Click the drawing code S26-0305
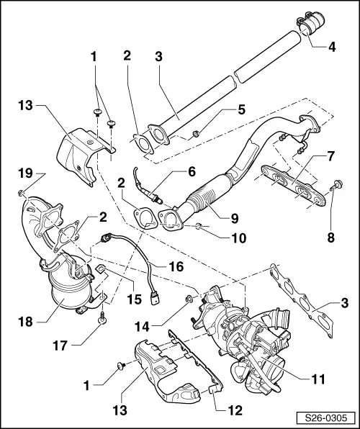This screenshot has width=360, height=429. point(327,417)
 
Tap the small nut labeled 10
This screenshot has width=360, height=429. point(199,228)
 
